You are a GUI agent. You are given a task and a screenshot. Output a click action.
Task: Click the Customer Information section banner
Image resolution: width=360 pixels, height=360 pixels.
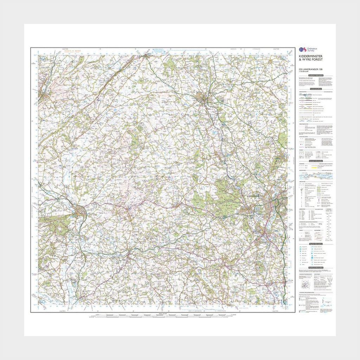point(315,75)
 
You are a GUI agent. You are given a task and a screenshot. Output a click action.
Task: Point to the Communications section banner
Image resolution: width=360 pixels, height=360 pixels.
point(315,89)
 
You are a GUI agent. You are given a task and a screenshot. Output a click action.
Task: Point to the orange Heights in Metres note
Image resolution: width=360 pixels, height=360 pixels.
point(72,51)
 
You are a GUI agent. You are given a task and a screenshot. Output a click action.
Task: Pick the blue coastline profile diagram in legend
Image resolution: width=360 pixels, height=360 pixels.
point(315,175)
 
